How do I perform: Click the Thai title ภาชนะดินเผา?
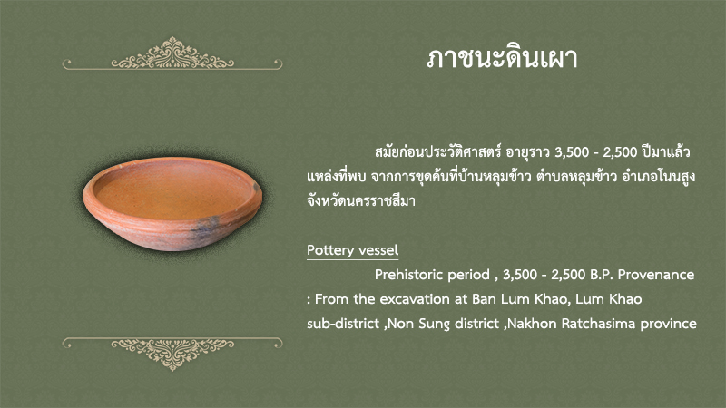tap(502, 59)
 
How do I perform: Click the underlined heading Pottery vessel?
tap(352, 250)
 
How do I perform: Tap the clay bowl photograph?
tap(172, 203)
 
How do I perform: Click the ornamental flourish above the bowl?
tap(172, 54)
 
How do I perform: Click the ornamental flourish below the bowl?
tap(172, 354)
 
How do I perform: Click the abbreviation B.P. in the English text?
tap(602, 275)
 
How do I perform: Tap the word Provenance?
tap(656, 275)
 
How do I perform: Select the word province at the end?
tap(668, 324)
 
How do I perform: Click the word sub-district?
tap(343, 324)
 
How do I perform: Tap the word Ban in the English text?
tap(484, 299)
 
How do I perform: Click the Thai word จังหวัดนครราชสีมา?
tap(360, 201)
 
